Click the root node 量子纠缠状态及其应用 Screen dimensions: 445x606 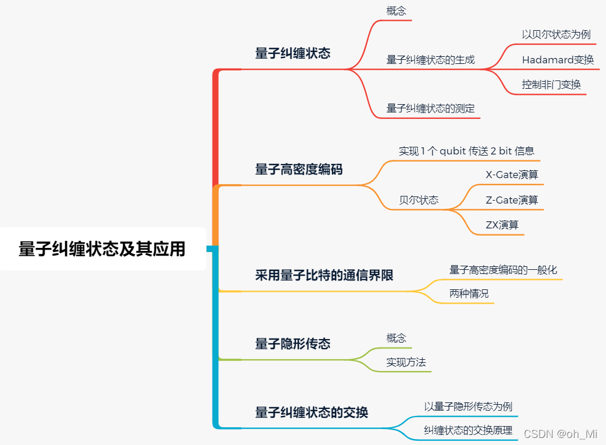tap(102, 249)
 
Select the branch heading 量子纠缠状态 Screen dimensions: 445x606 tap(292, 53)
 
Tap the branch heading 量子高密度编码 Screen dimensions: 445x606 tap(298, 170)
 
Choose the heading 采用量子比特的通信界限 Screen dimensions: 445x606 tap(324, 275)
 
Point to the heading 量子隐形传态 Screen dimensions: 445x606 tap(292, 344)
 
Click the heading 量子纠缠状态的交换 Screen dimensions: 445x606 tap(311, 412)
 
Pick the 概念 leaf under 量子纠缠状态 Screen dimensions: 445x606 tap(396, 11)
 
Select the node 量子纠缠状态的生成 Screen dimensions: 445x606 tap(430, 60)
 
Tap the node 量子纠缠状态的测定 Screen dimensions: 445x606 tap(430, 108)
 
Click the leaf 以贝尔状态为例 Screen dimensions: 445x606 tap(556, 34)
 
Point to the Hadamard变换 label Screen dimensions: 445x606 tap(557, 60)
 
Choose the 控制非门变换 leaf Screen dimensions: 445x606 tap(551, 85)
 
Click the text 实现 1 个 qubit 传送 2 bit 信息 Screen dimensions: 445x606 tap(466, 151)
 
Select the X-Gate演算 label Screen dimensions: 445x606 tap(511, 175)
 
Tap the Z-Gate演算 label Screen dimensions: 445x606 tap(511, 200)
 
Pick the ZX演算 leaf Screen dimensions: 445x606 tap(502, 225)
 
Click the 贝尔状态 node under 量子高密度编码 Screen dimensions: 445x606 tap(418, 200)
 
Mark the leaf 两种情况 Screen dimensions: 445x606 tap(469, 294)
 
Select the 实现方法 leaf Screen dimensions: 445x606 tap(406, 362)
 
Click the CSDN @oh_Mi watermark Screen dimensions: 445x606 tap(560, 434)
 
